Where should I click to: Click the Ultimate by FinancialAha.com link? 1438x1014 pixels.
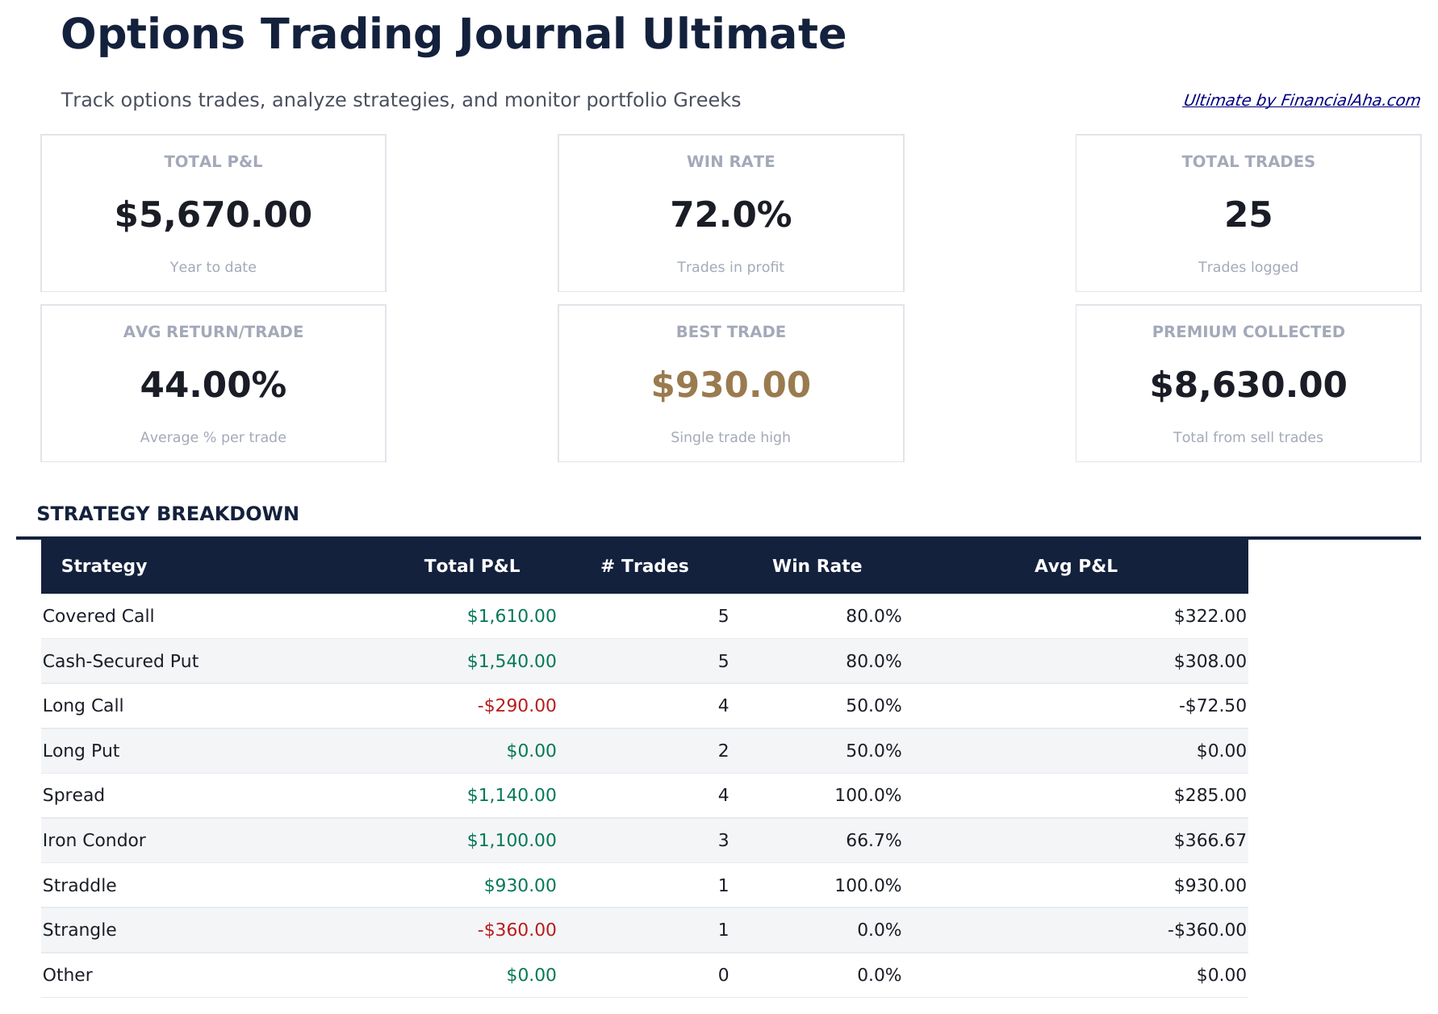coord(1300,100)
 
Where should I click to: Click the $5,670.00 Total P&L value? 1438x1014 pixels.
coord(213,215)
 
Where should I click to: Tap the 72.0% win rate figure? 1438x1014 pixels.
coord(730,215)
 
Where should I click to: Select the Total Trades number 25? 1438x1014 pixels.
coord(1248,215)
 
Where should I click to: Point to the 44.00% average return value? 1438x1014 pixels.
coord(213,386)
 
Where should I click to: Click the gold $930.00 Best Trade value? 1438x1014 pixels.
coord(730,386)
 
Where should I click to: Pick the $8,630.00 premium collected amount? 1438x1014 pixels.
coord(1248,386)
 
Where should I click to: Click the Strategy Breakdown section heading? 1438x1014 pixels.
coord(168,514)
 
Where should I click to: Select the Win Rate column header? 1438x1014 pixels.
coord(817,566)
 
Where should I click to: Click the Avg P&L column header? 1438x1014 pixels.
coord(1076,566)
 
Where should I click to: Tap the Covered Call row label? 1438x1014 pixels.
coord(98,616)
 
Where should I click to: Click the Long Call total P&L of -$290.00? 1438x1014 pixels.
coord(516,706)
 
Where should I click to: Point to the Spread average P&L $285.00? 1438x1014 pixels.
coord(1210,795)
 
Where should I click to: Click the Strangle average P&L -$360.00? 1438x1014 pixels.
coord(1206,930)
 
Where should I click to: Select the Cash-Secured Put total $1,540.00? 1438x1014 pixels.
coord(512,661)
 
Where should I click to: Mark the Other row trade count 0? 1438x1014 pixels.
coord(723,975)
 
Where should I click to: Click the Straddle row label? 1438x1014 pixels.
coord(80,886)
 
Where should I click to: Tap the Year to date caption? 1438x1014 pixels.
coord(213,267)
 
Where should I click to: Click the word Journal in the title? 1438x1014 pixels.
coord(541,35)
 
